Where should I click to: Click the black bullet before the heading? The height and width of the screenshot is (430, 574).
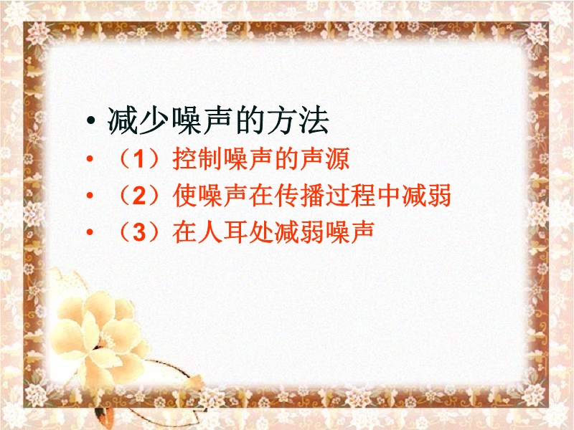(x=91, y=121)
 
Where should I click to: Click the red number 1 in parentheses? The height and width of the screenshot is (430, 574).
(x=138, y=159)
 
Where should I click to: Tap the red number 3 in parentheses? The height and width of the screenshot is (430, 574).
(x=139, y=231)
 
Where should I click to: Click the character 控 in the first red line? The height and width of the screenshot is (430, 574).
(x=184, y=159)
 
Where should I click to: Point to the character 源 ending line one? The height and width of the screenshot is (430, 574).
(x=337, y=159)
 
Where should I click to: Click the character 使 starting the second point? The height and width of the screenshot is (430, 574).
(x=184, y=195)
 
